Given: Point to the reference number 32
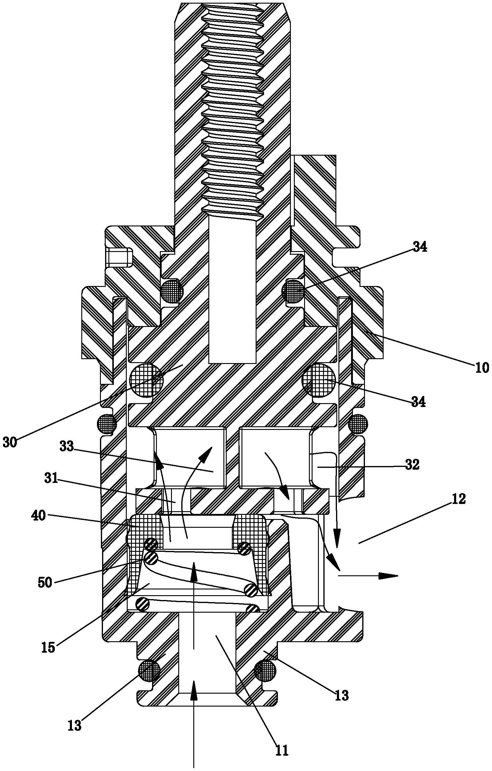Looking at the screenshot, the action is pos(411,465).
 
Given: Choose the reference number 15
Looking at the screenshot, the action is pos(48,647).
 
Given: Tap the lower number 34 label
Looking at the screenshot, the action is pos(418,402).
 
